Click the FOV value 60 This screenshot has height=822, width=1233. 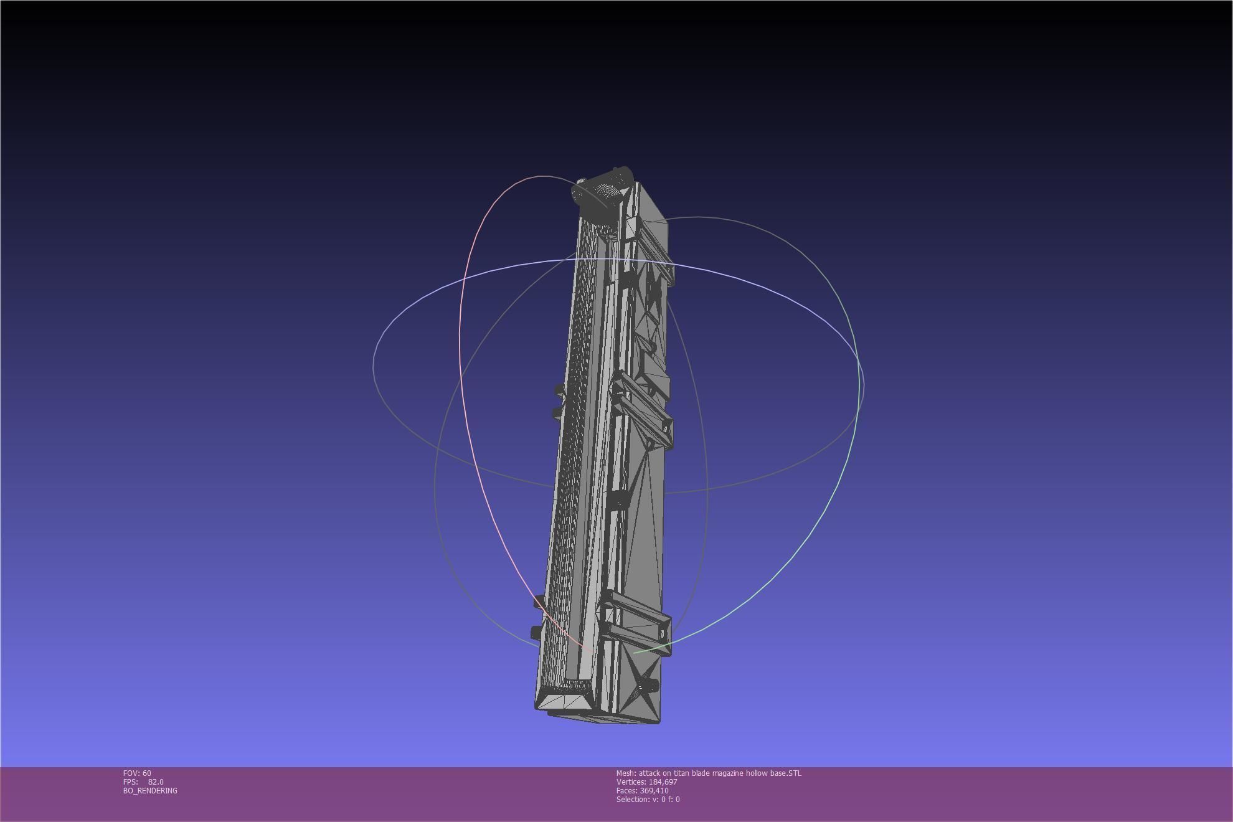click(147, 773)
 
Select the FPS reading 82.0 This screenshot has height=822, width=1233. click(156, 782)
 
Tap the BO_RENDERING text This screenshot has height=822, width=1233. click(150, 790)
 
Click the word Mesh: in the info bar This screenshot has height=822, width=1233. click(626, 773)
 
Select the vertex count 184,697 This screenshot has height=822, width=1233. click(663, 782)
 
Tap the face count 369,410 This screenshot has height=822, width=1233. click(654, 790)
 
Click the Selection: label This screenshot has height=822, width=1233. click(633, 799)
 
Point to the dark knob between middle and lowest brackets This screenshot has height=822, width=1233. click(619, 502)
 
